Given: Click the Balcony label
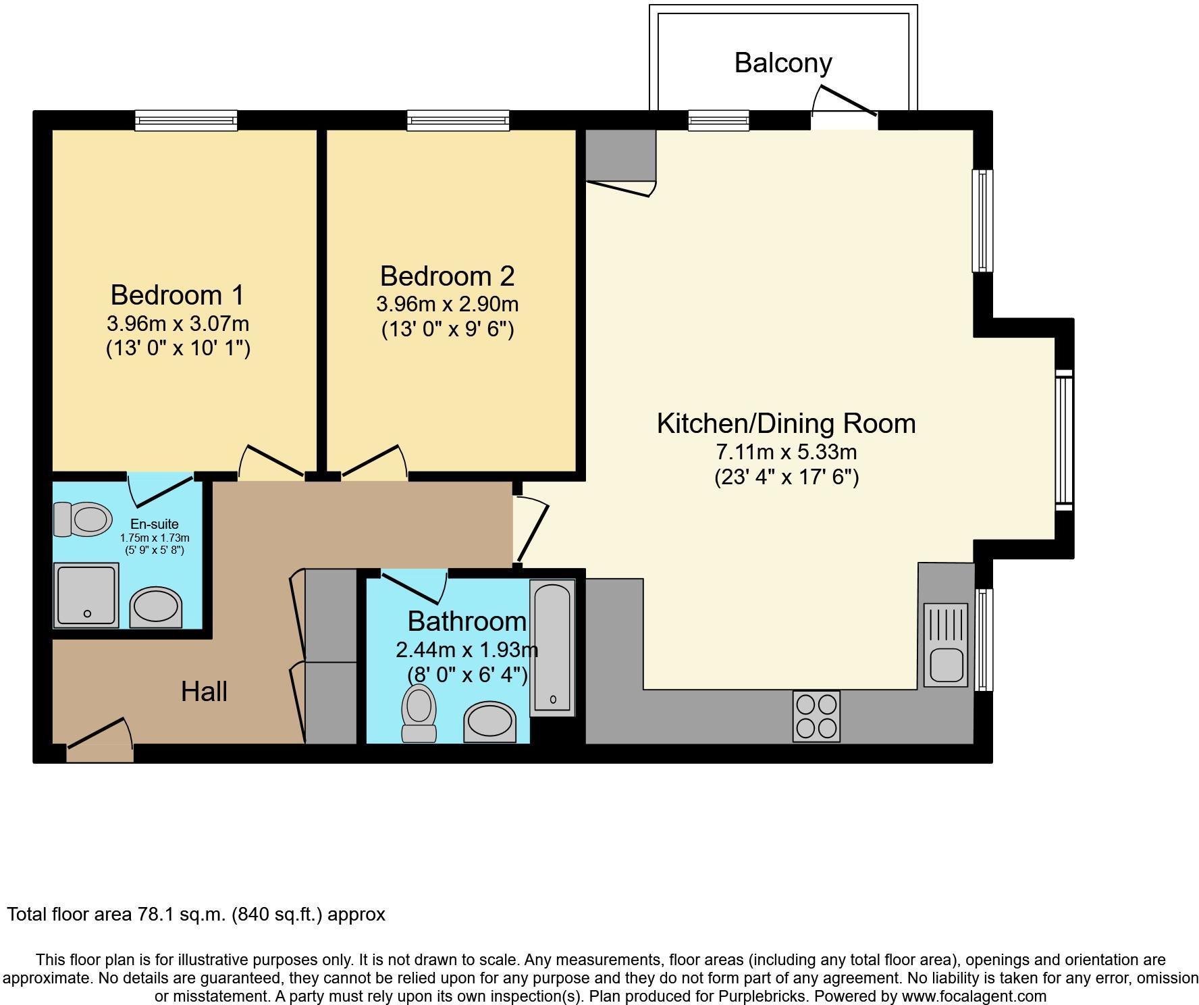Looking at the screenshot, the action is [783, 63].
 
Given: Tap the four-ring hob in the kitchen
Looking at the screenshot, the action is [817, 716].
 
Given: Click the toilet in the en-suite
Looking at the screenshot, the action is [83, 519].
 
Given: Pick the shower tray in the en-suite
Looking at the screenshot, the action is [87, 595].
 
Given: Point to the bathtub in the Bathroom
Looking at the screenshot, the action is [553, 648].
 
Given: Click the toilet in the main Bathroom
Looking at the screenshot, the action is [419, 713].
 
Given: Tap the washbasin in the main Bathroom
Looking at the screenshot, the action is [490, 722].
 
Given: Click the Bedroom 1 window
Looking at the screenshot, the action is [186, 120].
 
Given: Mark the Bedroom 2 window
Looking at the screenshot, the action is [458, 120].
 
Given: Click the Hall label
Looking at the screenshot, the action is [204, 692].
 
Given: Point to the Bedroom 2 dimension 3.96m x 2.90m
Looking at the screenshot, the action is [448, 304].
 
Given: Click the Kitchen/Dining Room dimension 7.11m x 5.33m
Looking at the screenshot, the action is [787, 451].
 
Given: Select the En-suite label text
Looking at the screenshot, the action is [155, 524].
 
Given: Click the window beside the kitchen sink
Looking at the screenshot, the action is [984, 640].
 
